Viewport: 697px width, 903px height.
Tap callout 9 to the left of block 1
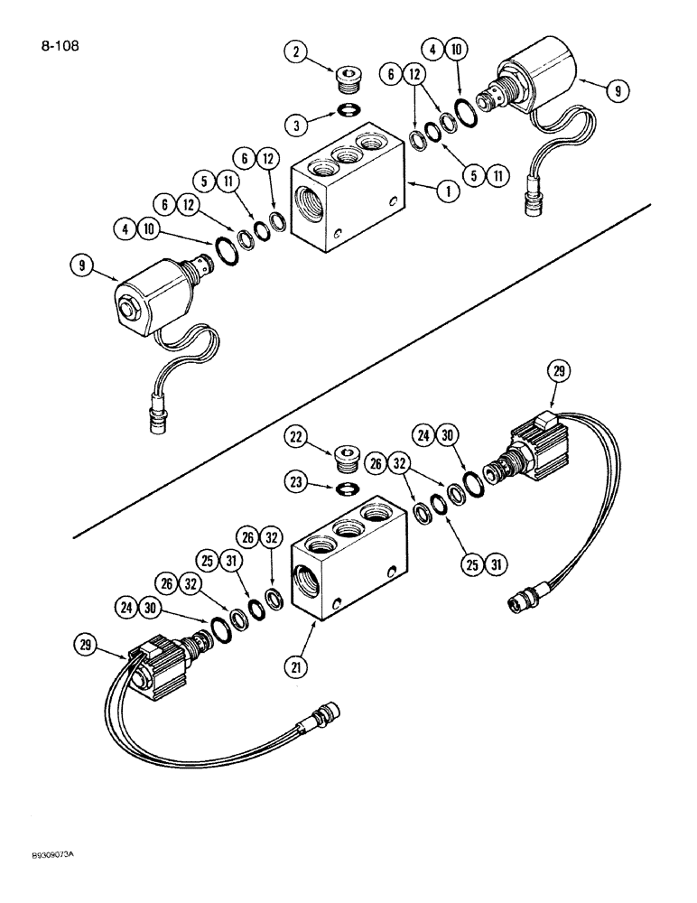coord(83,265)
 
